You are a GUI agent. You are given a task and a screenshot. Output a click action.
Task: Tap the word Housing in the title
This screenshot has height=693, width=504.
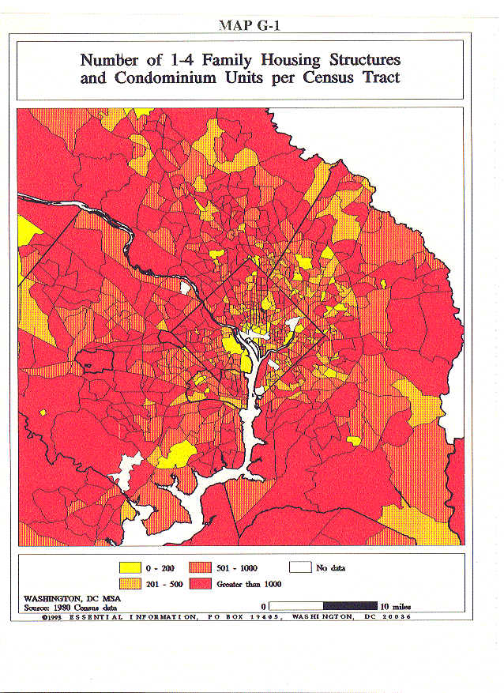pyautogui.click(x=256, y=60)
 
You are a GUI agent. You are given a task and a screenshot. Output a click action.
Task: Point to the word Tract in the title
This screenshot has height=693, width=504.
pyautogui.click(x=378, y=77)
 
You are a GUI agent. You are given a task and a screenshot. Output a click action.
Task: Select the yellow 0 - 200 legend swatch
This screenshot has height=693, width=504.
pyautogui.click(x=129, y=567)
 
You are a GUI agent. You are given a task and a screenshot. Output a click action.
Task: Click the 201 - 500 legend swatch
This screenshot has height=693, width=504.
pyautogui.click(x=129, y=584)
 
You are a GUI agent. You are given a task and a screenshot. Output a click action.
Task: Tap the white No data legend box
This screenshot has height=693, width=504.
pyautogui.click(x=299, y=567)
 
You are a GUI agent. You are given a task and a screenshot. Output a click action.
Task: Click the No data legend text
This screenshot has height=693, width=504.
pyautogui.click(x=331, y=567)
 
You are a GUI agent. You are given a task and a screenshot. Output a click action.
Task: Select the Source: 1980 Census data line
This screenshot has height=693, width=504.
pyautogui.click(x=70, y=607)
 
